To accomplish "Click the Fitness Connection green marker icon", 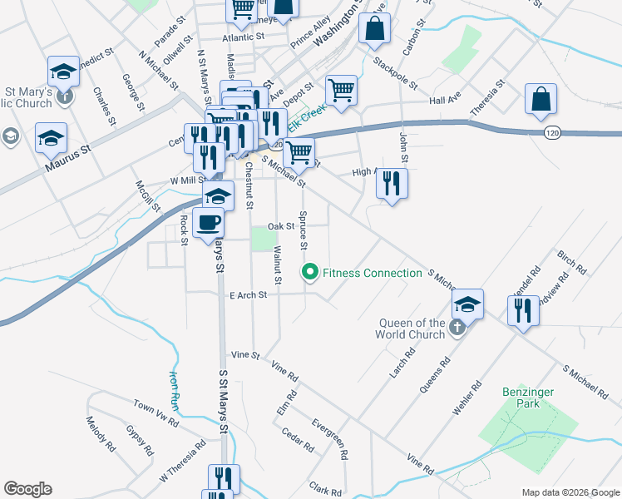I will (x=310, y=272).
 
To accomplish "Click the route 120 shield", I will (x=554, y=132).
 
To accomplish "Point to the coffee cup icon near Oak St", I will (x=209, y=223).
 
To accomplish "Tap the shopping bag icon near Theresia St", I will (x=541, y=99).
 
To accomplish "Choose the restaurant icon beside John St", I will (x=392, y=183).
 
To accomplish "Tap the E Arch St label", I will (x=249, y=294).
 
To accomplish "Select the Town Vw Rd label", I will (x=155, y=412).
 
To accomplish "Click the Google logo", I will (x=27, y=489).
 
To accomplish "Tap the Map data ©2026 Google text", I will (x=570, y=492).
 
